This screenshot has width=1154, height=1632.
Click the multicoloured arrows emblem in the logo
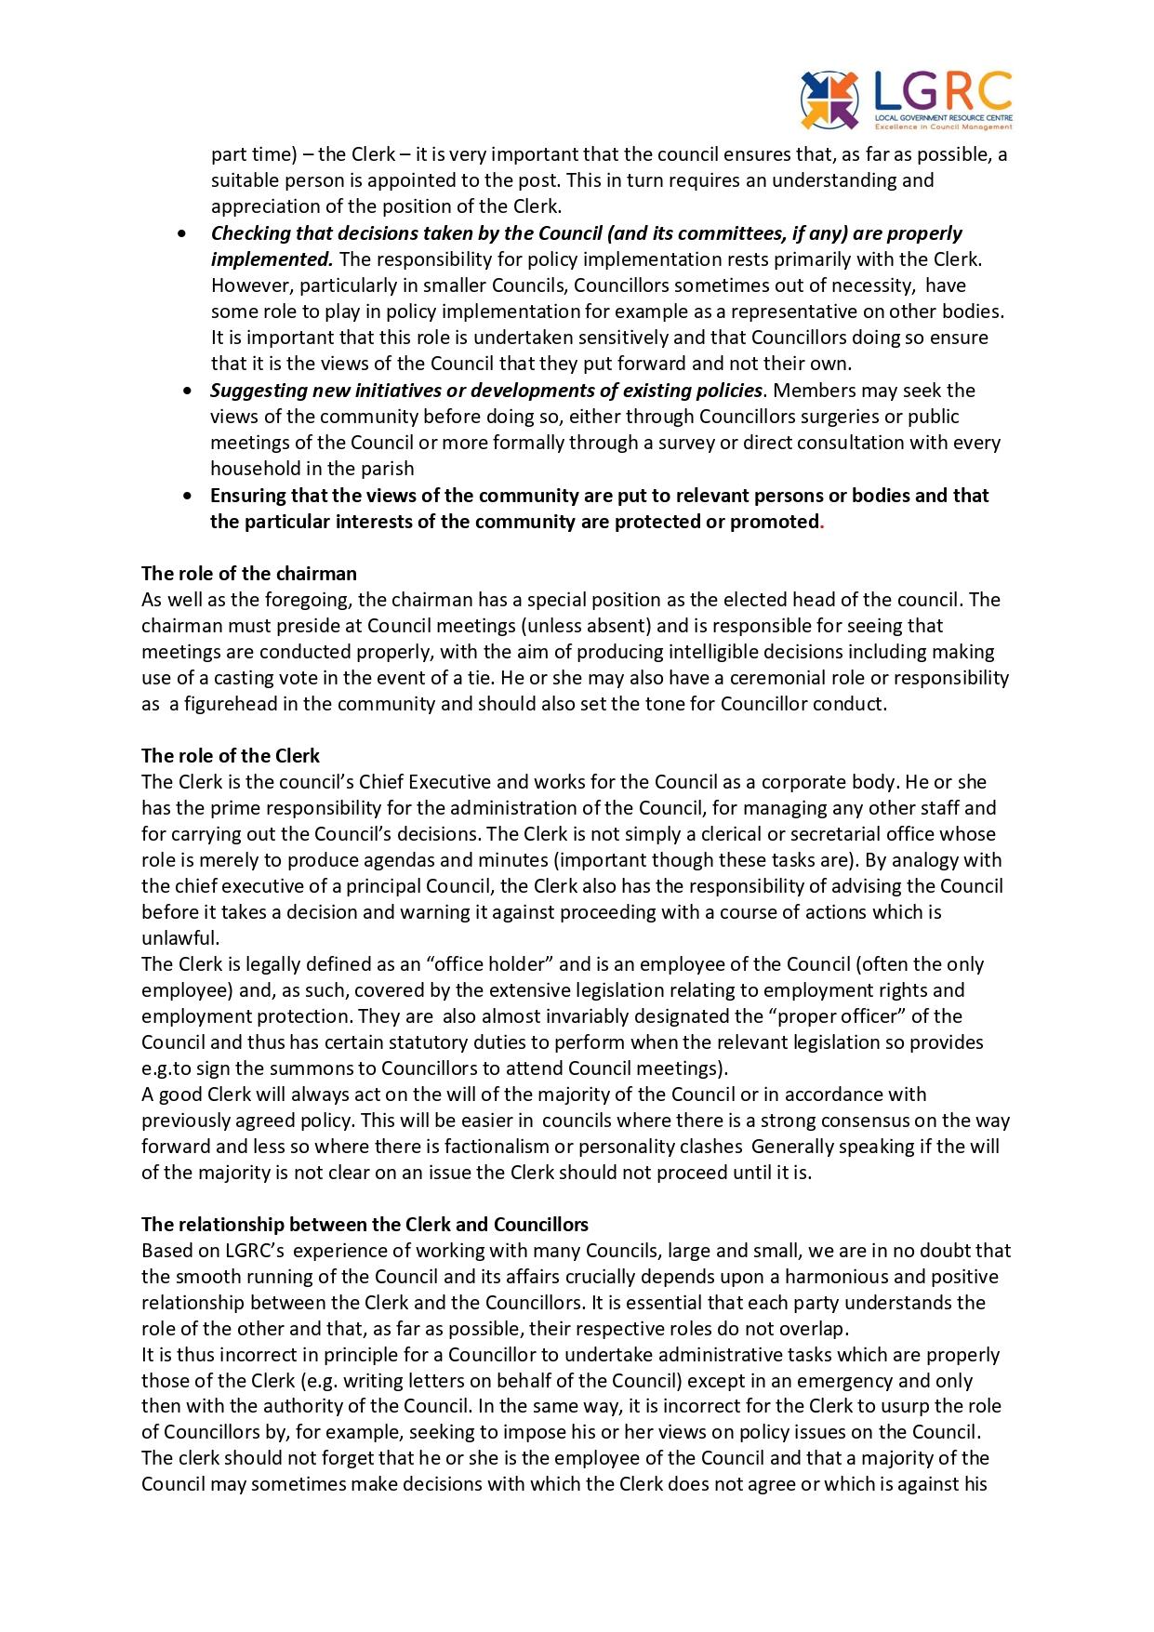click(829, 100)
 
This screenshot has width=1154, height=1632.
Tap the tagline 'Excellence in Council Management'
click(943, 126)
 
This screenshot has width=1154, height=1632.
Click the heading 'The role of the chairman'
click(248, 574)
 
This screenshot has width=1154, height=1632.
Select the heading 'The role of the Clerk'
click(230, 756)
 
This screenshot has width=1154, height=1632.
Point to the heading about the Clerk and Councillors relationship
click(365, 1225)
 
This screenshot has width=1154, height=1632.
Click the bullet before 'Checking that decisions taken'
click(182, 233)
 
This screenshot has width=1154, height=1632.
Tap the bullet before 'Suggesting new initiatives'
click(189, 391)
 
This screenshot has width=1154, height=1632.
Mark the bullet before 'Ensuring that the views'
click(189, 496)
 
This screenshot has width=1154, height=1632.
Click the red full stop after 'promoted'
click(822, 524)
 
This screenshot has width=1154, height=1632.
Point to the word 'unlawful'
click(179, 938)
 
